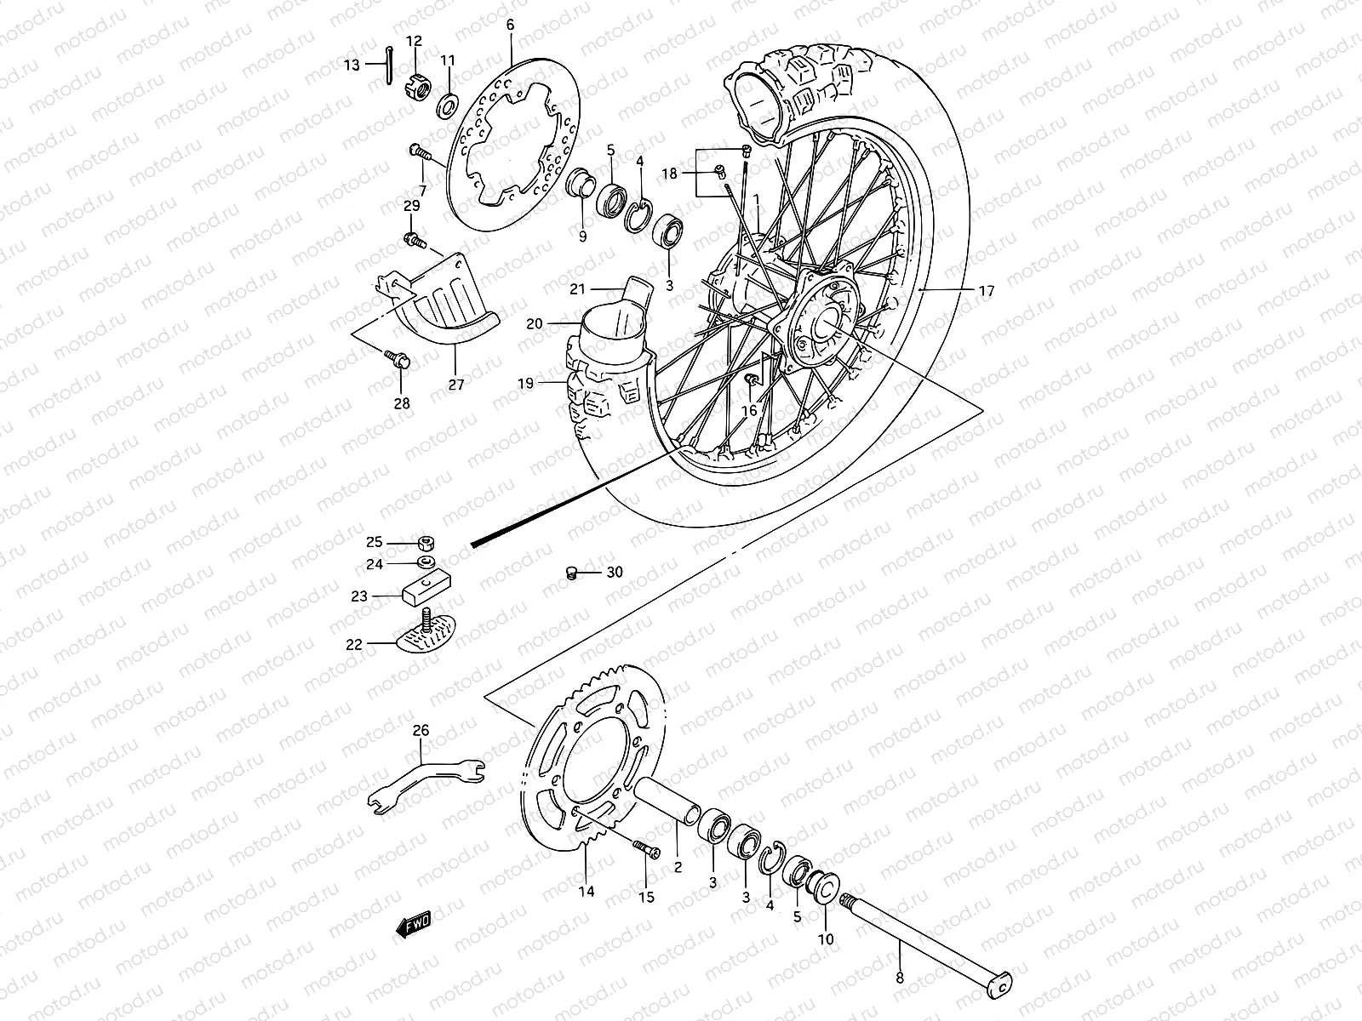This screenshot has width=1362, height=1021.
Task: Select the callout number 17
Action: pyautogui.click(x=986, y=291)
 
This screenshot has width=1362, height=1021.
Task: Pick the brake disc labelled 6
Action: pyautogui.click(x=514, y=140)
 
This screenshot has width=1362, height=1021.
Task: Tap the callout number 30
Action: pyautogui.click(x=615, y=573)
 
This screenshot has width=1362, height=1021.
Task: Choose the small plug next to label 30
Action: pyautogui.click(x=573, y=573)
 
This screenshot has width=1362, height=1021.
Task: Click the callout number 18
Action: pyautogui.click(x=670, y=174)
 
